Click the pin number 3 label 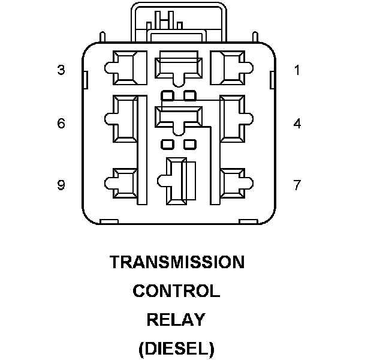(61, 70)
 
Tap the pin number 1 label (297, 70)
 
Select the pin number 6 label (61, 124)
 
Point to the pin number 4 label (297, 124)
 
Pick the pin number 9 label (61, 185)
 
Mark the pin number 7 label (297, 185)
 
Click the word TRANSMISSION (177, 262)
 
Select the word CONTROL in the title (176, 292)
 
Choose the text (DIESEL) (176, 348)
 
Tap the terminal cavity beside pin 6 (126, 118)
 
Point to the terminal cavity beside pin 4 (231, 118)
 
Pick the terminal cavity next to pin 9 (125, 184)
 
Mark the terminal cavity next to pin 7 (232, 184)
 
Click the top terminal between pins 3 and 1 (179, 65)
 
